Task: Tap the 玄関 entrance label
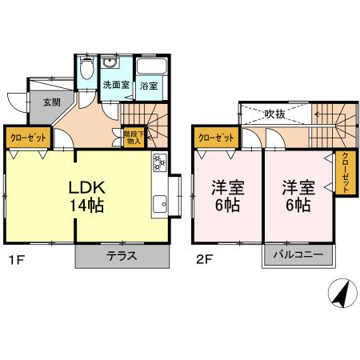(x=51, y=102)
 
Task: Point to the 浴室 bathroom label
(x=147, y=84)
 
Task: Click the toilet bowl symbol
(x=87, y=70)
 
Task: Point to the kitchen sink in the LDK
(x=160, y=205)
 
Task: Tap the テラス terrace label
(x=122, y=257)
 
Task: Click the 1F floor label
(x=14, y=259)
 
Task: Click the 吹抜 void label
(x=275, y=114)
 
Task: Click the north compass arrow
(x=339, y=295)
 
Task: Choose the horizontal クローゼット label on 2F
(x=216, y=138)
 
